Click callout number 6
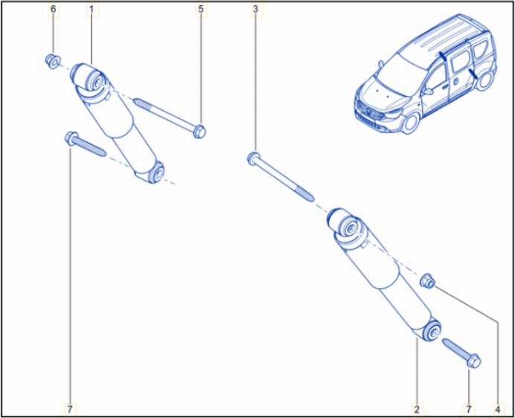pos(53,9)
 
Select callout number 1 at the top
pos(92,9)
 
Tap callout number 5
pos(201,9)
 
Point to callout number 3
pos(255,9)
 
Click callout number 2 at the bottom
pos(417,410)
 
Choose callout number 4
pos(497,410)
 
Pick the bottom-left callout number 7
pos(70,410)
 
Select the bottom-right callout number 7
pos(469,410)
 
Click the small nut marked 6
pos(53,62)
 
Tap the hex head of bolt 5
pos(199,132)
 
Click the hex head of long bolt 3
pos(253,158)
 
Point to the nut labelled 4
pos(428,281)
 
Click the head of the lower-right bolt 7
pos(473,361)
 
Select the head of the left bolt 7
pos(71,138)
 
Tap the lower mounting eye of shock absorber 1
pos(156,173)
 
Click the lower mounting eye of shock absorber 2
pos(431,329)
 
